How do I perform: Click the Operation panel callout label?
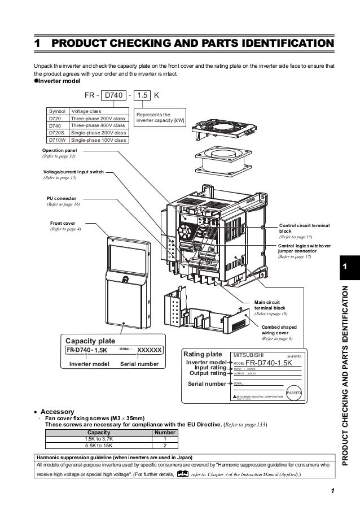[x=62, y=151]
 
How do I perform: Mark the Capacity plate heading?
[x=90, y=341]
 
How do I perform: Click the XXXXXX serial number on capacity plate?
[x=150, y=350]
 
